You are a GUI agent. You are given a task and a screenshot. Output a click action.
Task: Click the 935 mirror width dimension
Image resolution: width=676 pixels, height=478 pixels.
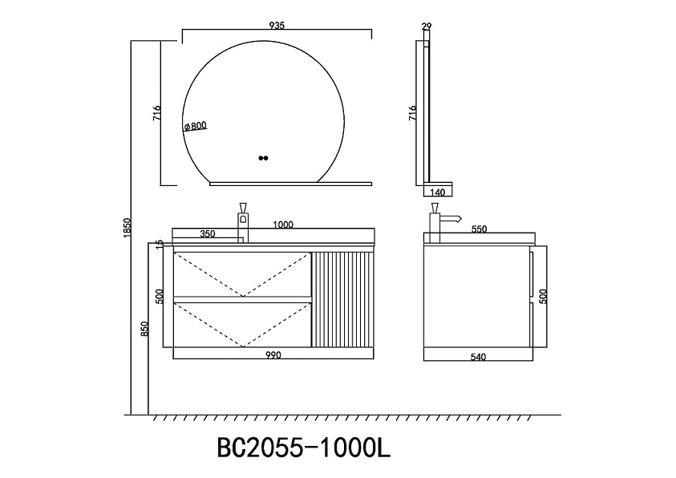click(277, 26)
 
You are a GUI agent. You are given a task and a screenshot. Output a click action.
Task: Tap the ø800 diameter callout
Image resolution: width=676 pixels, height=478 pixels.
click(196, 126)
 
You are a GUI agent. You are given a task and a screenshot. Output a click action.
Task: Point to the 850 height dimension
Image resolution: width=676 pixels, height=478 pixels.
click(144, 329)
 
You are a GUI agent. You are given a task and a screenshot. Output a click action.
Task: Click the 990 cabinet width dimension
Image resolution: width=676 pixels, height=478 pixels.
click(273, 354)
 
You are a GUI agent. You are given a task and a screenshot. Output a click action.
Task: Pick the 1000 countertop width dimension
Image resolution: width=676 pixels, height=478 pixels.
click(283, 225)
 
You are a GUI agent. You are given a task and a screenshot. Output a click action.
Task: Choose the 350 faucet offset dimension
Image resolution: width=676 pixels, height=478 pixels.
click(208, 234)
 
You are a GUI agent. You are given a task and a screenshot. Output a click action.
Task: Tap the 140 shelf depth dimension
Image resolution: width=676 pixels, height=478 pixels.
click(438, 192)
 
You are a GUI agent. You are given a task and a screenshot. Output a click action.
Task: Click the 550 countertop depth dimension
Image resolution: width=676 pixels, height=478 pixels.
click(479, 229)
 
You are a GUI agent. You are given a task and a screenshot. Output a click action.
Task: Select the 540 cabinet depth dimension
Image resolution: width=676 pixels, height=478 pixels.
click(478, 356)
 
